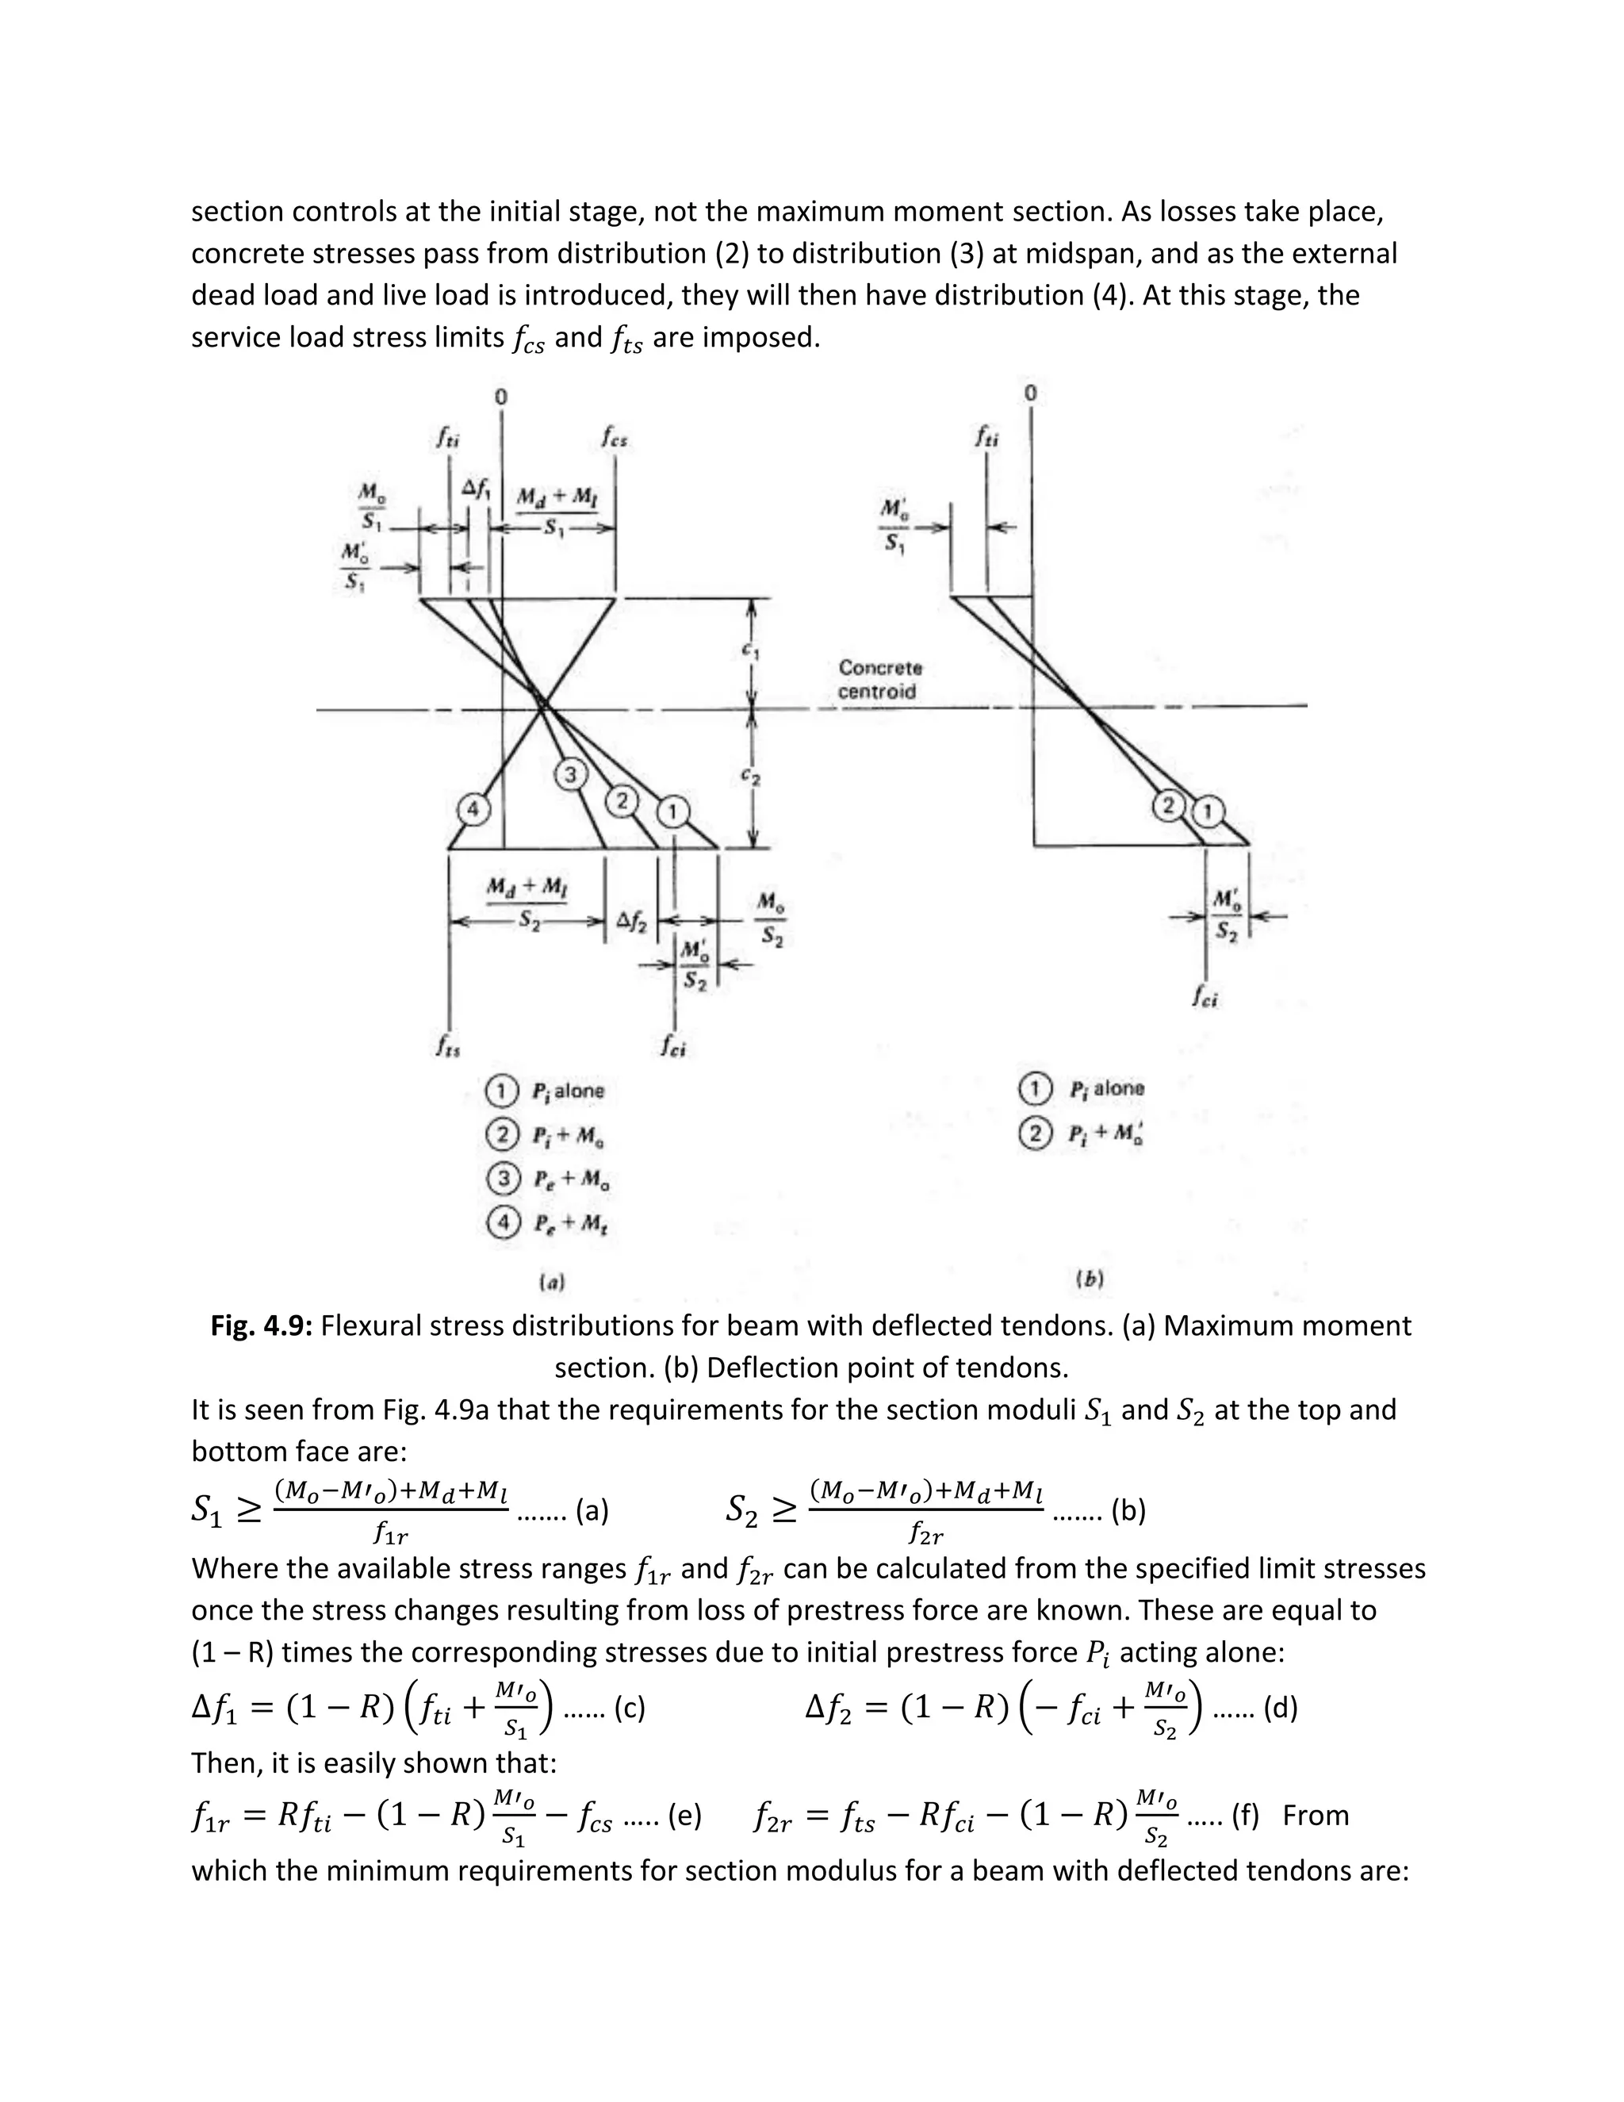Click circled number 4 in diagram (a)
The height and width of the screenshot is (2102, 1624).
coord(472,809)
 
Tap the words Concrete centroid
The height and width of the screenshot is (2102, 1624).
coord(879,680)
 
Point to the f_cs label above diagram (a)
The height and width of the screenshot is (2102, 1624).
coord(615,439)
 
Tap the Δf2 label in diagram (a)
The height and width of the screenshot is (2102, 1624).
coord(631,922)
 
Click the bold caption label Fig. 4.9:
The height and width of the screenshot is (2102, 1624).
coord(262,1326)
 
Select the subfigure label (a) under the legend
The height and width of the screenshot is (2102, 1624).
coord(551,1281)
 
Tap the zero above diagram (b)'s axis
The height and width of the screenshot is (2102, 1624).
coord(1030,393)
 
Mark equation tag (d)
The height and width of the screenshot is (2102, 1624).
coord(1280,1709)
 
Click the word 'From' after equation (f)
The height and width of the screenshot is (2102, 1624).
coord(1316,1815)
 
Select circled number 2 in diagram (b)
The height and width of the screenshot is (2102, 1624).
coord(1169,807)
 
